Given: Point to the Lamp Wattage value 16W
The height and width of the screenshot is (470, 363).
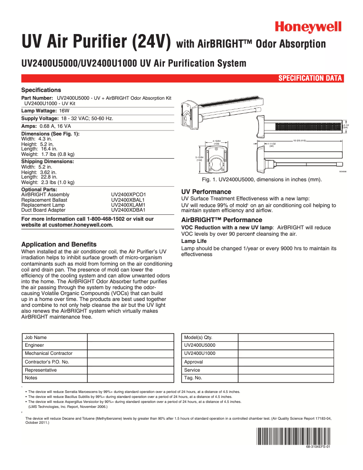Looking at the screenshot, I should (x=64, y=111).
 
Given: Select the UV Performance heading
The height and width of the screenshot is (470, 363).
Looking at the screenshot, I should (x=206, y=192).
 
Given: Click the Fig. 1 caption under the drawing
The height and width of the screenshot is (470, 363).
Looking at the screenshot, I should (x=262, y=180).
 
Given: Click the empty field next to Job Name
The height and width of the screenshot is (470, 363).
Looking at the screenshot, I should (x=130, y=337).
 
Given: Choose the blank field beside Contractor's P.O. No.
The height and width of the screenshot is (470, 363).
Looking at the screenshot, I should (x=130, y=362).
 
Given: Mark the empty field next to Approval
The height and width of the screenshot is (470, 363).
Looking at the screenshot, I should (x=286, y=362).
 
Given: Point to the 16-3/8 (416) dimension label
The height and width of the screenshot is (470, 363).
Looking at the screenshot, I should (x=300, y=141).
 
